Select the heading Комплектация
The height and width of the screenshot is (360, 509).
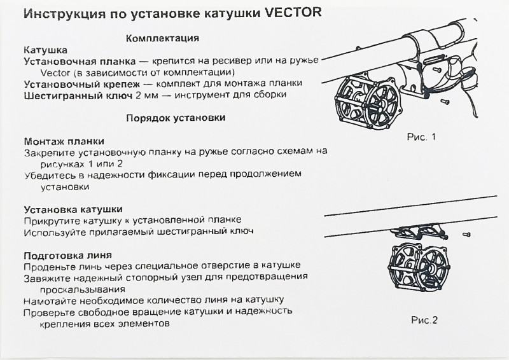pos(164,38)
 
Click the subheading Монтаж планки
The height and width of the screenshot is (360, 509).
pos(64,141)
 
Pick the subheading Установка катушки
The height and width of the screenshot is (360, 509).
pos(73,209)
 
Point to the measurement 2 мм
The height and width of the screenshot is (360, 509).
pos(141,94)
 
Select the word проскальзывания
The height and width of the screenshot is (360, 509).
pos(83,288)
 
